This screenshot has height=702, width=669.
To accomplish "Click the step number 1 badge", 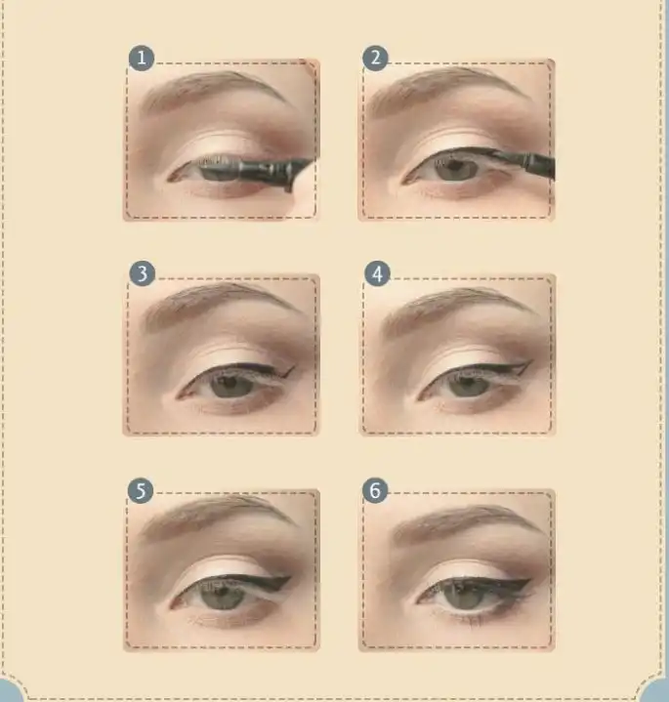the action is pos(142,58).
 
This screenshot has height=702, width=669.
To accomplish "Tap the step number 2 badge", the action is pos(375,58).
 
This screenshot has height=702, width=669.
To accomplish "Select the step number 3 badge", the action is pos(142,273).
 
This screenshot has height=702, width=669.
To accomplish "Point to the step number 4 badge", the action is pos(378,274).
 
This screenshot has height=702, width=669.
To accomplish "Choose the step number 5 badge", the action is pos(141,491).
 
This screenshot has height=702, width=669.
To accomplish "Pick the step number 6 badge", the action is pos(375,490).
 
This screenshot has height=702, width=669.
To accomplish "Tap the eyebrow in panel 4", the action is pos(457,309).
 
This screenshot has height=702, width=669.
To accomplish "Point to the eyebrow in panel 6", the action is pos(466,521).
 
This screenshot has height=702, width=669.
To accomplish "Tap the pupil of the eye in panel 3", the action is pos(230,384).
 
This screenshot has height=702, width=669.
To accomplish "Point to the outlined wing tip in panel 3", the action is pos(294,367).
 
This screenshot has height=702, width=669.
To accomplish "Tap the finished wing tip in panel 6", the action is pos(530,581).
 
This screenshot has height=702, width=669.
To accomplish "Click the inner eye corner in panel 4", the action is pos(420,397).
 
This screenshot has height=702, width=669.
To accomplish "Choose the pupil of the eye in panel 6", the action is pos(464,594).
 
